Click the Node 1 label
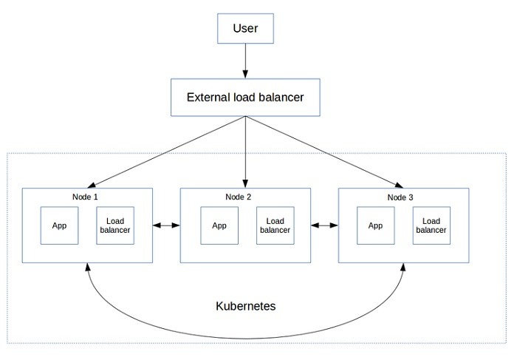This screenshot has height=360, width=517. pyautogui.click(x=85, y=197)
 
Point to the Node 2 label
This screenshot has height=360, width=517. pyautogui.click(x=243, y=197)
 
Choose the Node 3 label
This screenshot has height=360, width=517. pyautogui.click(x=401, y=197)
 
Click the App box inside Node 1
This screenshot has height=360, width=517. pyautogui.click(x=59, y=225)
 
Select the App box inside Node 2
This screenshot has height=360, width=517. pyautogui.click(x=219, y=225)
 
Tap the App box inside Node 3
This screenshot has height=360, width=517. pyautogui.click(x=376, y=225)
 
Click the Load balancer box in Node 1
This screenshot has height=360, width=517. pyautogui.click(x=115, y=225)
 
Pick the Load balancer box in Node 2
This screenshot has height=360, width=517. pyautogui.click(x=275, y=225)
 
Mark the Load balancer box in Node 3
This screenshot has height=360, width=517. pyautogui.click(x=431, y=225)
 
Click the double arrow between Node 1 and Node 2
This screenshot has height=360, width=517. pyautogui.click(x=166, y=225)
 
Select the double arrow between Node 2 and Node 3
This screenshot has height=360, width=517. pyautogui.click(x=324, y=225)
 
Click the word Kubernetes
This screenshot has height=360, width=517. pyautogui.click(x=246, y=305)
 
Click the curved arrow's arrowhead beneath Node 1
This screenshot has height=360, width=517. pyautogui.click(x=88, y=268)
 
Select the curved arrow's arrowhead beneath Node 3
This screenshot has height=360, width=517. pyautogui.click(x=404, y=268)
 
